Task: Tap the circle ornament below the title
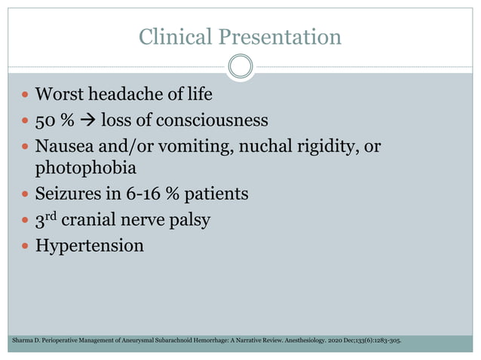point(240,67)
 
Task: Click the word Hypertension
point(90,246)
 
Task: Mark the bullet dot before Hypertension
point(26,246)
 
